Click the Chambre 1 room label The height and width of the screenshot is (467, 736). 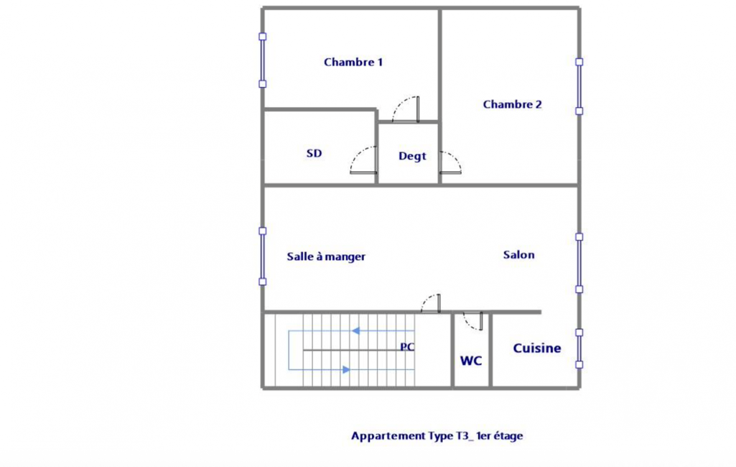(353, 62)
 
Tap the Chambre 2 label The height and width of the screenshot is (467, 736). (512, 104)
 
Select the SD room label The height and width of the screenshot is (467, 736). (314, 153)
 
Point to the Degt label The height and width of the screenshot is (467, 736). (412, 156)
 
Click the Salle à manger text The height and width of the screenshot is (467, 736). (326, 256)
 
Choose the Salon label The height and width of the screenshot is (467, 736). (518, 254)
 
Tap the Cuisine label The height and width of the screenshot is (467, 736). (537, 348)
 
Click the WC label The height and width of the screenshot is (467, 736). (471, 361)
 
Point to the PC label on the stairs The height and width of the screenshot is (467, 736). (407, 347)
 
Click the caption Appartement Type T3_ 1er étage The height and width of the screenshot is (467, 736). (437, 436)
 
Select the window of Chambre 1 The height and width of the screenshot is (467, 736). (263, 60)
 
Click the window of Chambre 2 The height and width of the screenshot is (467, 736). (579, 86)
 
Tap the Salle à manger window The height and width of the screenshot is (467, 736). (263, 256)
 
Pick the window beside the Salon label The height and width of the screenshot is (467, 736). (579, 263)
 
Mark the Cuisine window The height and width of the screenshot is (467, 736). (579, 348)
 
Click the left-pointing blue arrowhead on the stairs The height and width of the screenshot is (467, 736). (356, 330)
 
